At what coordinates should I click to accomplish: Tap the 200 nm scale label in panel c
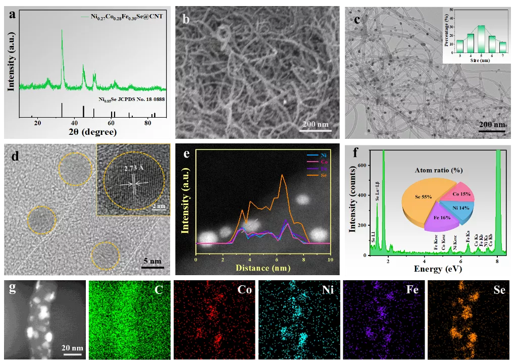coord(491,124)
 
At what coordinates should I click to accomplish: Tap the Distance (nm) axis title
coord(263,268)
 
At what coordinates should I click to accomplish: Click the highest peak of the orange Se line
coord(282,175)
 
